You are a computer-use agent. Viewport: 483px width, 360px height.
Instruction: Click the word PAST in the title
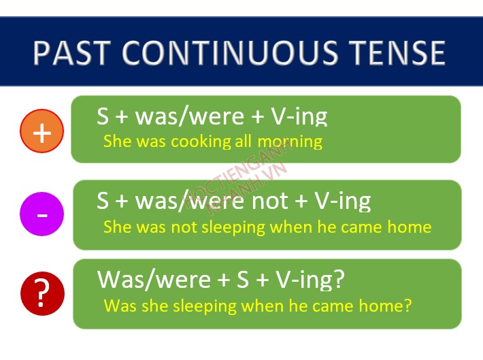coord(71,52)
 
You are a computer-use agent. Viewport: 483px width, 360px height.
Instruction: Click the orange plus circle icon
coord(42,131)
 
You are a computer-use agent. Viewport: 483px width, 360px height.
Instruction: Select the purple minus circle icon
coord(42,214)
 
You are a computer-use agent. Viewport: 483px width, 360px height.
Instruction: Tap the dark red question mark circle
coord(42,293)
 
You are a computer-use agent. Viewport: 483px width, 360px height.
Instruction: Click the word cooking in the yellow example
coord(201,142)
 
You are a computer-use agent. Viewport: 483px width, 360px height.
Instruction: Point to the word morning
coord(290,142)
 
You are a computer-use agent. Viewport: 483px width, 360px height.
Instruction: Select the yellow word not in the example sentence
coord(184,227)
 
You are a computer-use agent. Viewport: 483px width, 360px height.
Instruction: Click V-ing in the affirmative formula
coord(299,117)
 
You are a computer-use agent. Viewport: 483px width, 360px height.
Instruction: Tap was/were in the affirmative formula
coord(190,117)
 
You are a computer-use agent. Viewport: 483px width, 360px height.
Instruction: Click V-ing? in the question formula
coord(310,280)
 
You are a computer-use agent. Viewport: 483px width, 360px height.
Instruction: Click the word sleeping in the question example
coord(205,307)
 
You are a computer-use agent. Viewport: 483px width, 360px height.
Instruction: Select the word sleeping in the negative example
coord(233,228)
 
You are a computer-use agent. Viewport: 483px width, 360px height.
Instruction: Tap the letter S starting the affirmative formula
coord(103,116)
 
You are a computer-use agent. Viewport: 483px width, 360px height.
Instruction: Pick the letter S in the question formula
coord(243,280)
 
